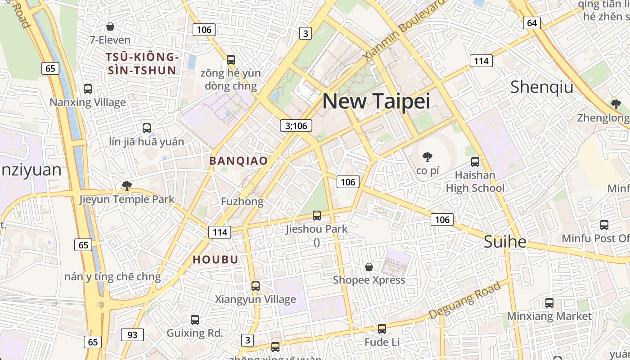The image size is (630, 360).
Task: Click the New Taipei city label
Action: click(376, 101)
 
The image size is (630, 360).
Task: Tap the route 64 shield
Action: click(532, 23)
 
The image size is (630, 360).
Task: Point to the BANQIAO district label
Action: click(238, 161)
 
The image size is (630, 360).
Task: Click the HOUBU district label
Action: click(216, 260)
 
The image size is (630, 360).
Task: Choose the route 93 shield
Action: click(132, 335)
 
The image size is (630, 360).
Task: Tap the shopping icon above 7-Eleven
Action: click(110, 27)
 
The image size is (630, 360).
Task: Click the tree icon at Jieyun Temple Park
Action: click(127, 185)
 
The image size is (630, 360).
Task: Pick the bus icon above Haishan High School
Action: click(475, 162)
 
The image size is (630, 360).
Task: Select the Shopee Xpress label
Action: click(369, 280)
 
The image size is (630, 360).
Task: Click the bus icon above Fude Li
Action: click(382, 329)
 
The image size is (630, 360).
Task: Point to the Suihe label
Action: click(505, 242)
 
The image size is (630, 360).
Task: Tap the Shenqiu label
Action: click(542, 87)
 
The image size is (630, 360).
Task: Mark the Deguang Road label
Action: click(464, 300)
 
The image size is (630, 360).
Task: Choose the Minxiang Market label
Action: click(549, 316)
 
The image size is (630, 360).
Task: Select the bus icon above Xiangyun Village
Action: click(256, 286)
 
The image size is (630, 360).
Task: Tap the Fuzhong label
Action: click(242, 202)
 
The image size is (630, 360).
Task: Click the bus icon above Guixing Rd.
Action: click(195, 320)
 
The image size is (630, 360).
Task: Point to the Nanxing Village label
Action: click(88, 103)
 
